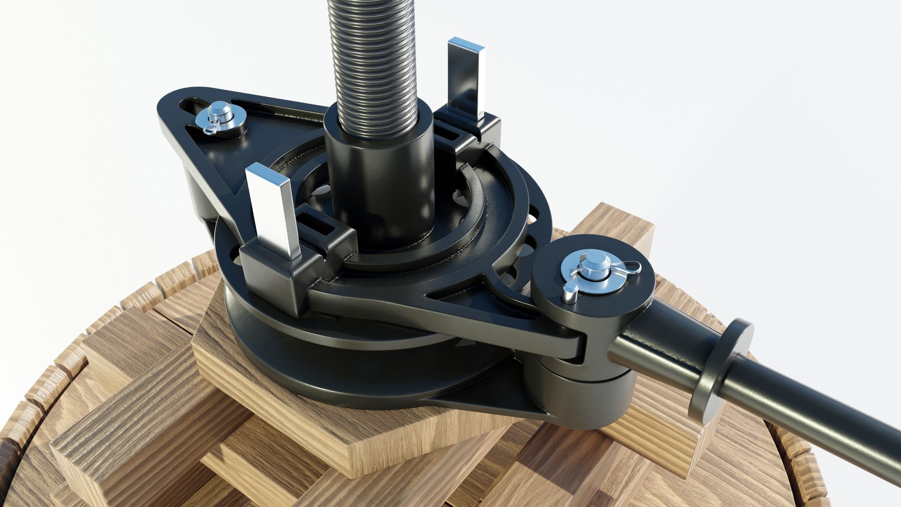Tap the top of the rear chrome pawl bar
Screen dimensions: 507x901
coord(466,45)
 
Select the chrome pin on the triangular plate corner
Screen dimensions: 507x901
coord(221,113)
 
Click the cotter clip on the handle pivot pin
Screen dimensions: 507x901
coord(626,269)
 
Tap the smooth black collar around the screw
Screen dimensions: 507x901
coord(380,178)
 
